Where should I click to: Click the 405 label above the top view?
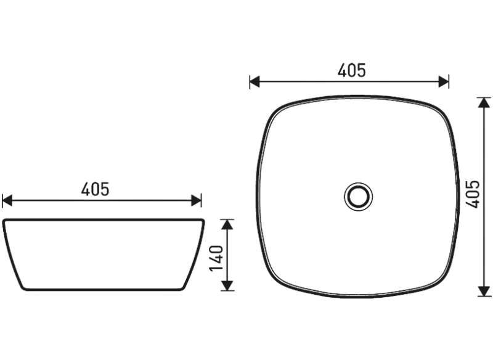(x=351, y=71)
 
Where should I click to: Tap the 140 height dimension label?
(x=216, y=260)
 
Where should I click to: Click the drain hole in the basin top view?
(x=358, y=196)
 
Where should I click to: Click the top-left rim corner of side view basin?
(x=4, y=221)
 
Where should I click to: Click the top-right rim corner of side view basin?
(x=203, y=221)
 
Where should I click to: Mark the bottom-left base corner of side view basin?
(x=23, y=288)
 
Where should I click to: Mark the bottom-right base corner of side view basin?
(x=183, y=288)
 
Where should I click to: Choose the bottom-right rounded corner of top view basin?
(x=445, y=283)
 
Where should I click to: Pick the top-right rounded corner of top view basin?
(x=445, y=110)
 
